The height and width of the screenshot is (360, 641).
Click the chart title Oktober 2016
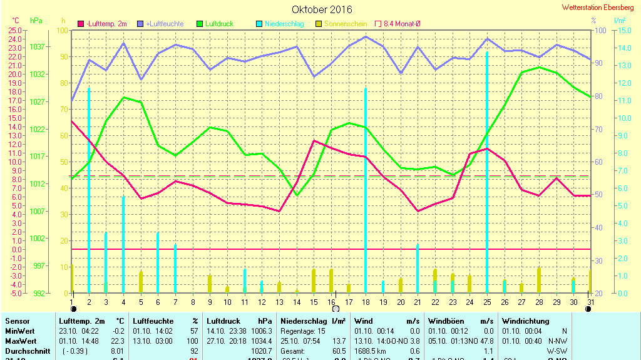click(322, 9)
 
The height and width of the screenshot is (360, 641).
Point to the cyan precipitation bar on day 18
click(366, 188)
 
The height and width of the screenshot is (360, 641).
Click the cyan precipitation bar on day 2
click(89, 188)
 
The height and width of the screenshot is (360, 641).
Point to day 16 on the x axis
click(331, 302)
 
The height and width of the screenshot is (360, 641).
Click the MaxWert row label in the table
click(20, 341)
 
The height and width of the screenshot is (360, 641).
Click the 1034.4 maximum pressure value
click(261, 341)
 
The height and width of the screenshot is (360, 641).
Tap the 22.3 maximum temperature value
click(118, 341)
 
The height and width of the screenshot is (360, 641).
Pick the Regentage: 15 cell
click(303, 331)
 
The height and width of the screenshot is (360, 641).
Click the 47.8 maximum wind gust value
click(485, 341)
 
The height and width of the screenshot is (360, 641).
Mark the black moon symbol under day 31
click(588, 309)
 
